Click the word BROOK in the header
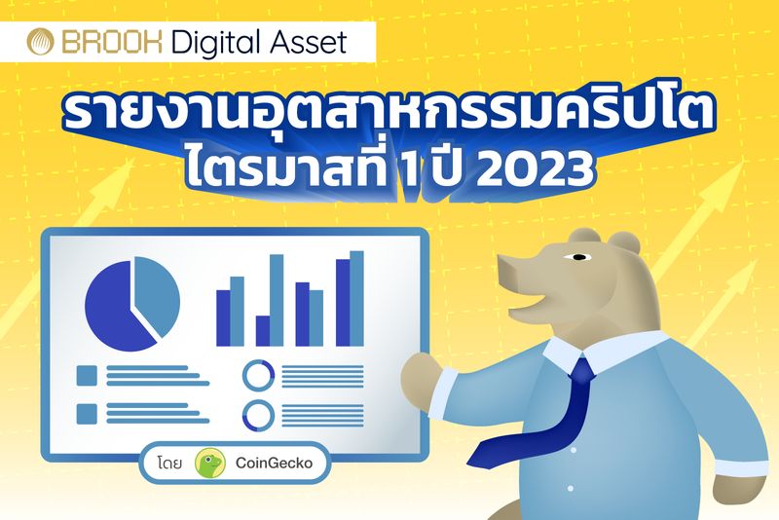[106, 42]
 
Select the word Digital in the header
[212, 43]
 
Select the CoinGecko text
[276, 464]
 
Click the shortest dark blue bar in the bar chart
[262, 331]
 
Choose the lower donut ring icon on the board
[258, 415]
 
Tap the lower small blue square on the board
[86, 413]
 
